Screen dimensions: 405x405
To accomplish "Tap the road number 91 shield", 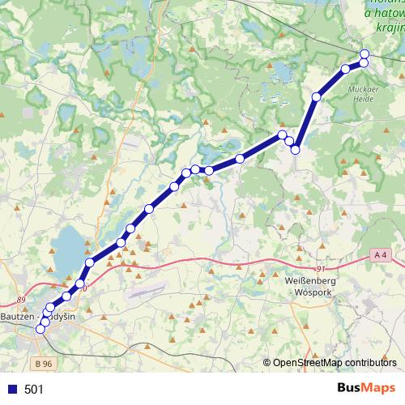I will pyautogui.click(x=322, y=269).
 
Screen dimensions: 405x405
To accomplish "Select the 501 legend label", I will pyautogui.click(x=34, y=390).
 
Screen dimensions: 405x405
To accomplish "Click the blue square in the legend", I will pyautogui.click(x=11, y=390).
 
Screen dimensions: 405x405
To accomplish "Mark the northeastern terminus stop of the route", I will pyautogui.click(x=364, y=53).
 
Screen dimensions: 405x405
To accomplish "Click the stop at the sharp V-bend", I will pyautogui.click(x=296, y=149).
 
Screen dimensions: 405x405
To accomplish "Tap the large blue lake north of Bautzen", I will pyautogui.click(x=68, y=246).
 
